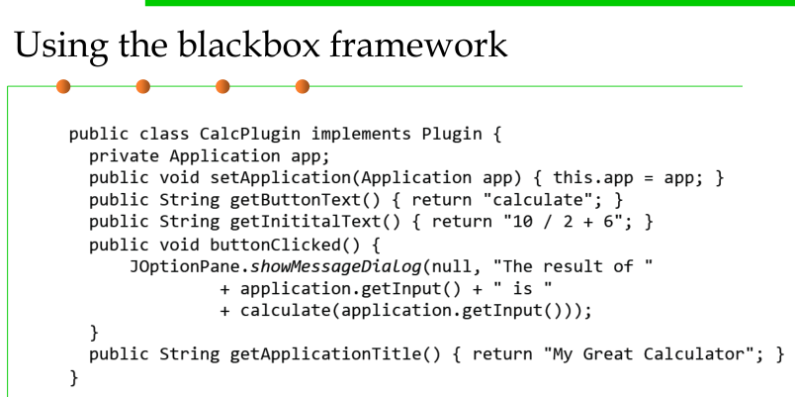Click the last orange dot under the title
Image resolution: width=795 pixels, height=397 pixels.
302,86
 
